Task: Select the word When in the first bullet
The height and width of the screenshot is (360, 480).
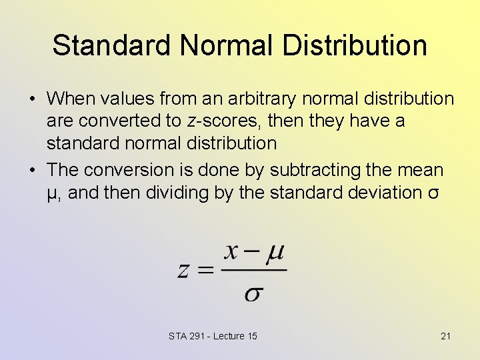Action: pyautogui.click(x=72, y=99)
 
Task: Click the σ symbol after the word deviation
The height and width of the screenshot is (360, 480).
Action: pyautogui.click(x=434, y=193)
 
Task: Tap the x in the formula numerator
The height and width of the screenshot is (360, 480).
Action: pyautogui.click(x=231, y=252)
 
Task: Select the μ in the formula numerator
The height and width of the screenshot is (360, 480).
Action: pyautogui.click(x=274, y=253)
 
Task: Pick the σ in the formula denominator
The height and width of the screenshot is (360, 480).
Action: pyautogui.click(x=253, y=293)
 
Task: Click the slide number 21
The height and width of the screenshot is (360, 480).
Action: pyautogui.click(x=445, y=336)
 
